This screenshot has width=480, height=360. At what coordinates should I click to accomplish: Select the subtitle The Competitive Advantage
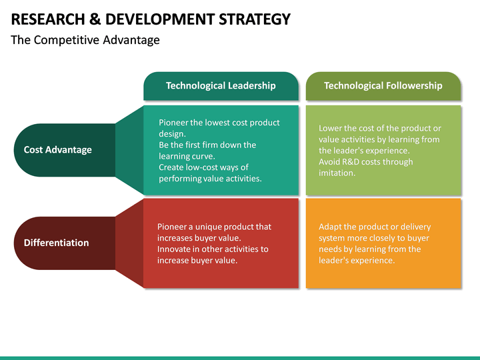click(85, 40)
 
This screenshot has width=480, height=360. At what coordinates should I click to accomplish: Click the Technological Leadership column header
click(221, 85)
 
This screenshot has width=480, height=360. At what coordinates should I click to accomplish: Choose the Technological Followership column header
click(383, 85)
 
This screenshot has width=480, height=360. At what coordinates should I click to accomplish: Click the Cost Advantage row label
click(57, 149)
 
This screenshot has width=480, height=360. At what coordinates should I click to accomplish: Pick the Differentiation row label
click(56, 243)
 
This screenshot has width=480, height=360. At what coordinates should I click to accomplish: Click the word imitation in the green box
click(337, 173)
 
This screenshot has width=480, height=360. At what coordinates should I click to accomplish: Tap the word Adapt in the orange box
click(330, 227)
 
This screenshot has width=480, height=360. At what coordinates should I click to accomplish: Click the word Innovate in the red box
click(175, 249)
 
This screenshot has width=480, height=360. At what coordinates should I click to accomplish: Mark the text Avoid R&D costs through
click(365, 161)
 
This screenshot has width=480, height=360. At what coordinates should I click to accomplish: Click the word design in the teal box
click(171, 133)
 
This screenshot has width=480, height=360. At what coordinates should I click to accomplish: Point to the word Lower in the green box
click(331, 128)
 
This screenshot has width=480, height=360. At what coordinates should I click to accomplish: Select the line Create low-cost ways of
click(203, 167)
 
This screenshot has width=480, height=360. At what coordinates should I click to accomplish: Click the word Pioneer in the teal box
click(175, 123)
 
